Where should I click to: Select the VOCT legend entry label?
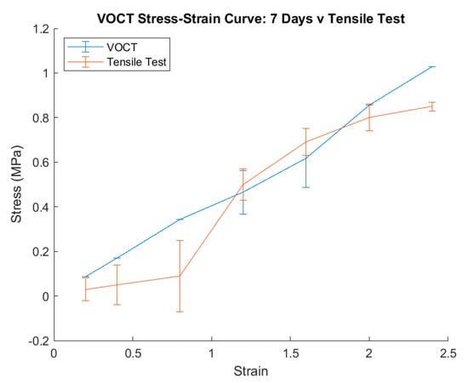[x=122, y=47]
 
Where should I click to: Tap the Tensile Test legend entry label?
[x=136, y=62]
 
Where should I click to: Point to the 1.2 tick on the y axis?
[x=43, y=29]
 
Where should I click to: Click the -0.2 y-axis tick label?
[x=39, y=341]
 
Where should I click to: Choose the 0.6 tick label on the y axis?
[x=43, y=163]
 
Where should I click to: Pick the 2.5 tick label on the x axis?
[x=448, y=354]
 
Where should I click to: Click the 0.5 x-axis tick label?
[x=133, y=354]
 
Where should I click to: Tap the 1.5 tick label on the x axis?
[x=290, y=354]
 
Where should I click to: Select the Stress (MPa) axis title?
[x=16, y=184]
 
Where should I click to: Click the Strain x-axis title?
[x=251, y=371]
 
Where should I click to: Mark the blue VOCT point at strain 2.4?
[x=432, y=66]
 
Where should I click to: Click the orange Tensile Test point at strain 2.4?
[x=432, y=106]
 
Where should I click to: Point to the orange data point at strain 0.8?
[x=180, y=276]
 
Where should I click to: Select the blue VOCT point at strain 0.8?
[x=180, y=220]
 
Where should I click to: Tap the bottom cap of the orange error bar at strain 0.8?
[x=180, y=312]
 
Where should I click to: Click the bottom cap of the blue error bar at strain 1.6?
[x=306, y=187]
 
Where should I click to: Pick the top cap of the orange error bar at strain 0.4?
[x=117, y=265]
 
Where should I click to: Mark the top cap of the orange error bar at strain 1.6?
[x=306, y=129]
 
